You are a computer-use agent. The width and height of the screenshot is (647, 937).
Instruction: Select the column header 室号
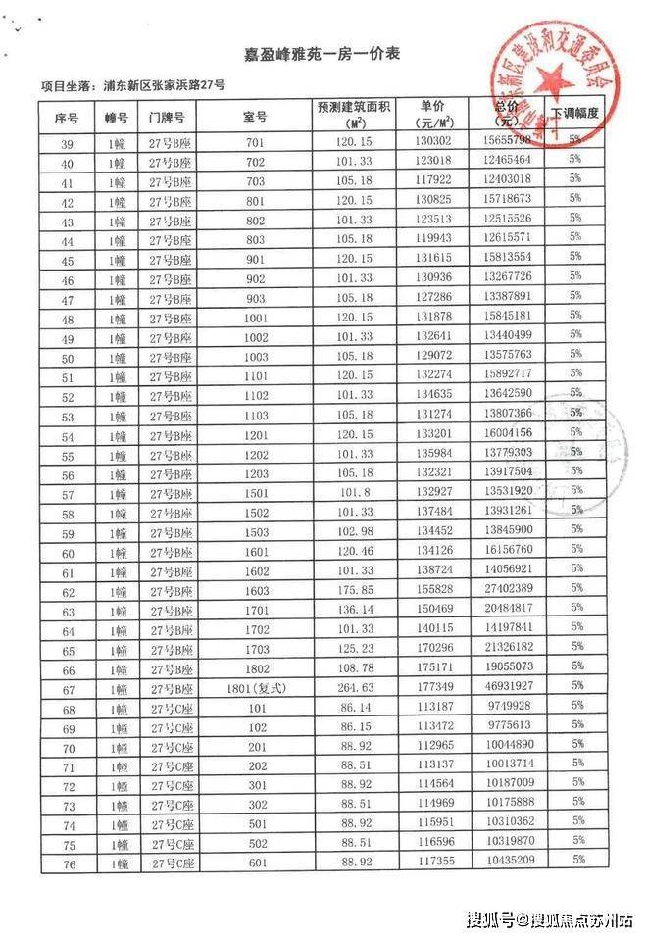[x=256, y=117]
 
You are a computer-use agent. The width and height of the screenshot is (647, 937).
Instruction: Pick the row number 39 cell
[x=68, y=143]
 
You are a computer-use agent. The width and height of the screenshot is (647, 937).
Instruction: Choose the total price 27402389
[x=508, y=591]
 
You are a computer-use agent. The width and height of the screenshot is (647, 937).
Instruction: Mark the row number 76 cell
[x=69, y=862]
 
